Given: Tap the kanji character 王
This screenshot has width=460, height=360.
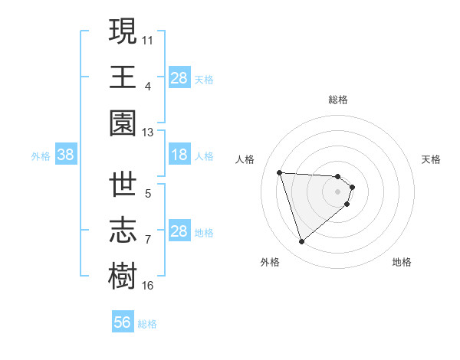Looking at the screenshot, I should (123, 77).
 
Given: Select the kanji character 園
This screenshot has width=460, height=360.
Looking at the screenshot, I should (123, 123).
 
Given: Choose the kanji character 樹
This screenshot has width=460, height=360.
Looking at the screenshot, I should (123, 277).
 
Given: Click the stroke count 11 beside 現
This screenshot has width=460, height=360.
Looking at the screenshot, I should (148, 38).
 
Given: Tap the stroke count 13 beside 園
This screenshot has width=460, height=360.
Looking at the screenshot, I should (148, 133).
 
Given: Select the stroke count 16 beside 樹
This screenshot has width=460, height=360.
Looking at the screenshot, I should (148, 286).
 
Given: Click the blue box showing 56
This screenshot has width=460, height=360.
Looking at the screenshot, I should (123, 322).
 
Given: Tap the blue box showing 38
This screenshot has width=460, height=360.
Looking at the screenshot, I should (66, 155).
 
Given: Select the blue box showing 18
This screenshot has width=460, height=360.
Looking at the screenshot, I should (179, 155).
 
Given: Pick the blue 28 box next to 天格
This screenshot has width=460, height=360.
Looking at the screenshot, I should (179, 77).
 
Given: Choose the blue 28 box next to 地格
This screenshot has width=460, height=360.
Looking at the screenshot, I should (179, 231).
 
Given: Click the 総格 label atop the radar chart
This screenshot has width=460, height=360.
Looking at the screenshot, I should (338, 100).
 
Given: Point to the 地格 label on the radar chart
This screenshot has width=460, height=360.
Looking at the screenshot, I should (402, 262).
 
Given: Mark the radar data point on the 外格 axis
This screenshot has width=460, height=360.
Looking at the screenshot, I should (301, 242).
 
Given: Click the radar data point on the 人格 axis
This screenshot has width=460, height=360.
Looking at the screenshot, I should (280, 172).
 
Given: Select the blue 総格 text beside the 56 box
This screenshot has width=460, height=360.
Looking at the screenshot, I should (147, 324).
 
